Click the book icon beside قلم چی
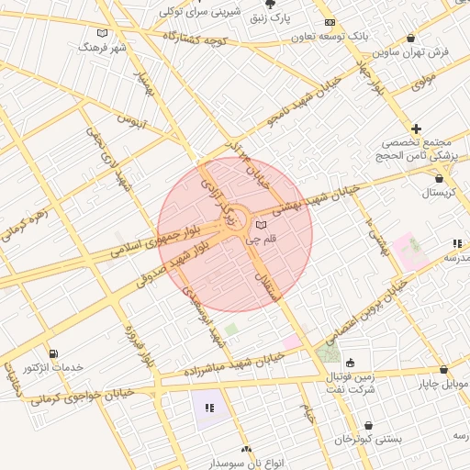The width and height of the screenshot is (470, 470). click(261, 226)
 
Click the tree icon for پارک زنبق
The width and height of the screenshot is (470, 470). click(269, 4)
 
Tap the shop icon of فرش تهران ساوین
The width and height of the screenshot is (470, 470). click(409, 38)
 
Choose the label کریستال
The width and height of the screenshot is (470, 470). click(439, 194)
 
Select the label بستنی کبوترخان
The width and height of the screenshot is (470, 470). click(369, 440)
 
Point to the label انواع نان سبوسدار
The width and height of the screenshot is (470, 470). click(247, 462)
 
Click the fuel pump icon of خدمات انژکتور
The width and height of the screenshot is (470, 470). click(53, 354)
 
